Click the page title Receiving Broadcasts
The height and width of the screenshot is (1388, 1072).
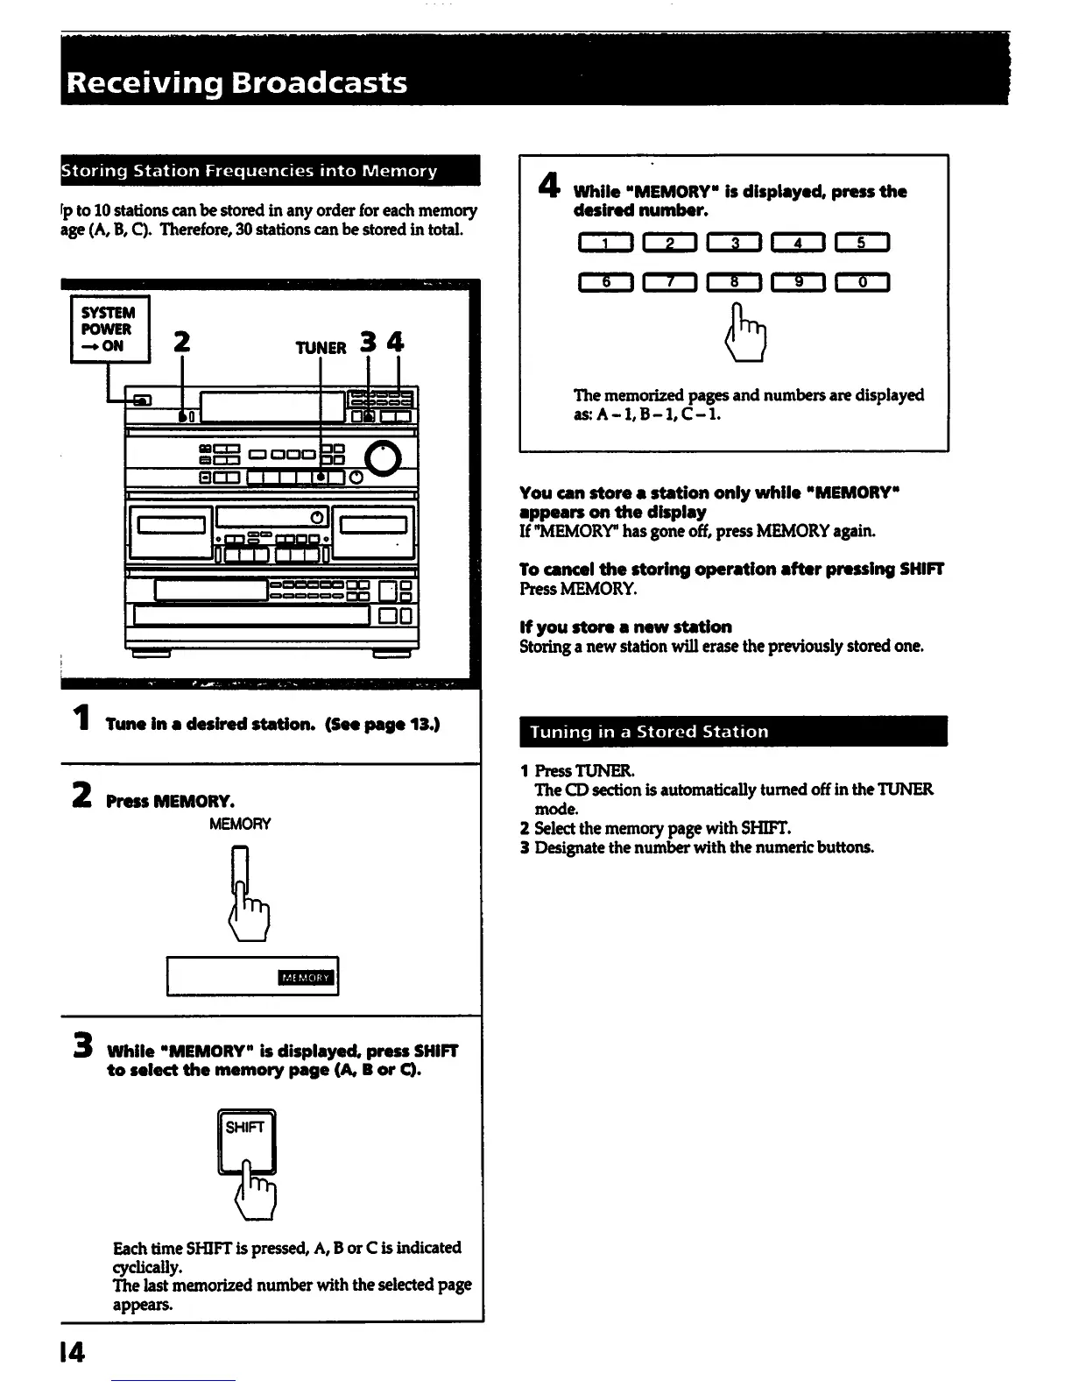(236, 82)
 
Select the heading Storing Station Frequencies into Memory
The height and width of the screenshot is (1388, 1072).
(249, 171)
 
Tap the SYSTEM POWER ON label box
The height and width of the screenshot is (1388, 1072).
(109, 329)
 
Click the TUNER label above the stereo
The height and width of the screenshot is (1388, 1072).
(321, 348)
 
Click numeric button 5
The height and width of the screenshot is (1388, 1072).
(862, 244)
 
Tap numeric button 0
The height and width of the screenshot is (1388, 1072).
(862, 281)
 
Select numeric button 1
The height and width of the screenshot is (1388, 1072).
(604, 244)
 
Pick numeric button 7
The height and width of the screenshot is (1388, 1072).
(669, 281)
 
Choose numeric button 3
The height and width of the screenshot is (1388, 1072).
(734, 244)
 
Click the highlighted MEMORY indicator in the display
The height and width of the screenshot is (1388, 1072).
(306, 978)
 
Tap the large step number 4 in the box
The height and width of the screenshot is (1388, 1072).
(548, 187)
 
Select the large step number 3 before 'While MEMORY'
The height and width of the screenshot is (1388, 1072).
(83, 1046)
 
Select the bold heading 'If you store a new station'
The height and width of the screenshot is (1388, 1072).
(625, 627)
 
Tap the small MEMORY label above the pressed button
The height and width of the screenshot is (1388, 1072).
(240, 824)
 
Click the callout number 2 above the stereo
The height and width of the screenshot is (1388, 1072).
(181, 341)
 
